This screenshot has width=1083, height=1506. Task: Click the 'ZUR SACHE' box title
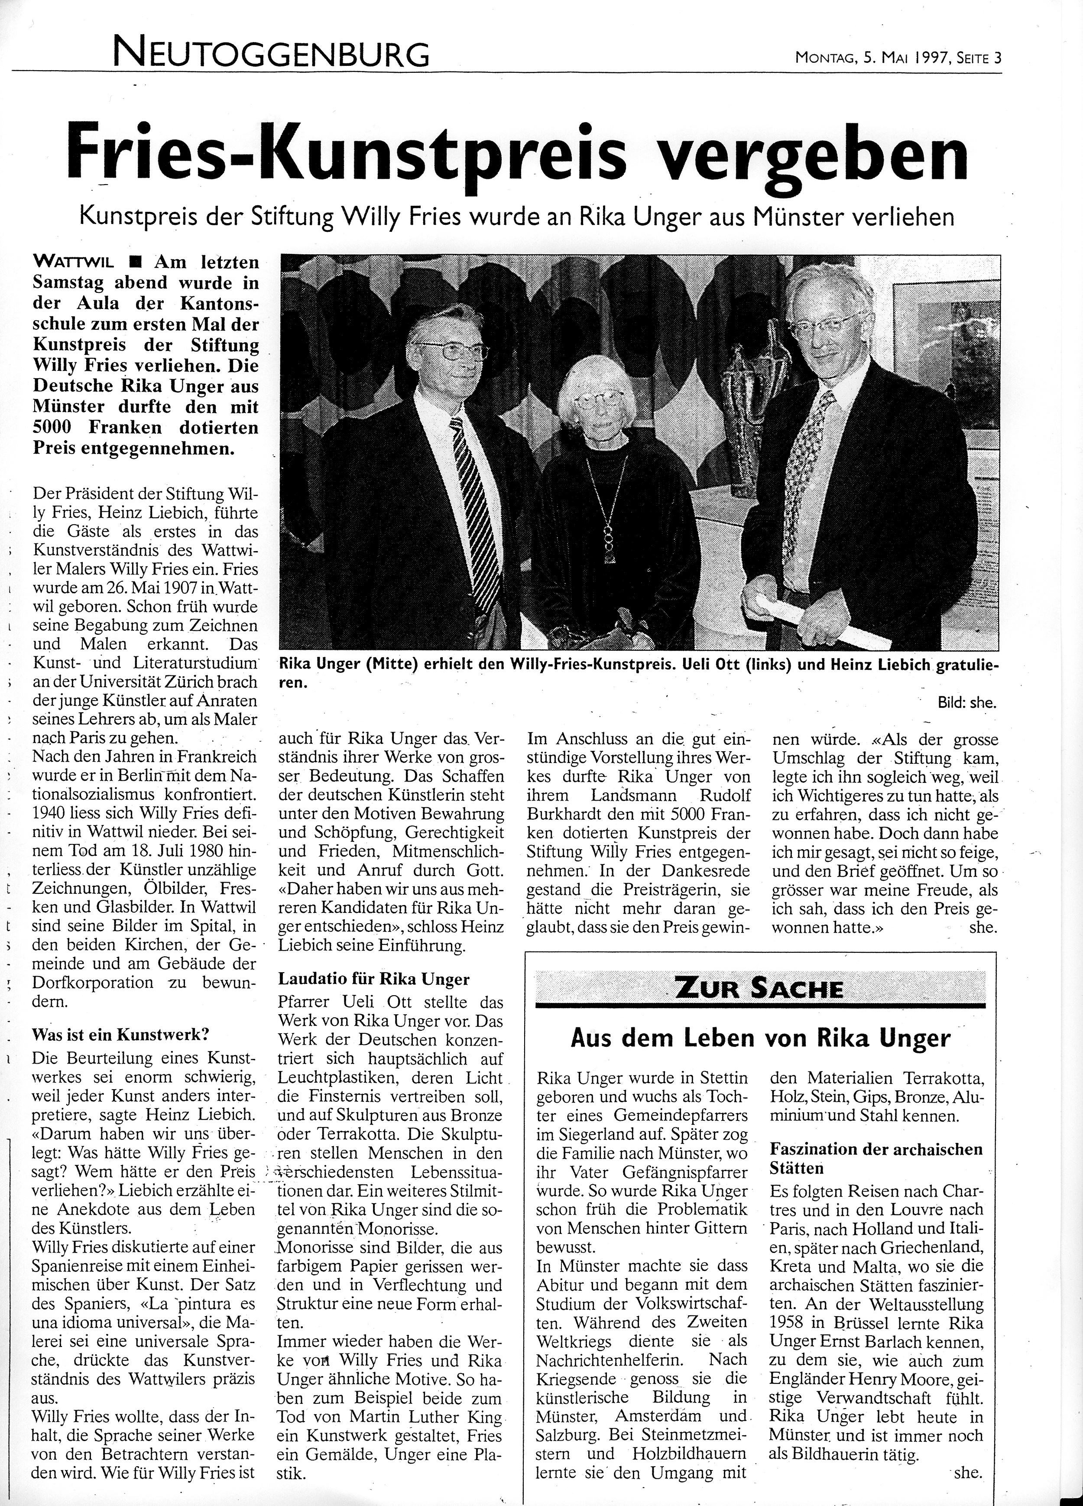(758, 989)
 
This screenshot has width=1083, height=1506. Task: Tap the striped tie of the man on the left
(475, 491)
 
